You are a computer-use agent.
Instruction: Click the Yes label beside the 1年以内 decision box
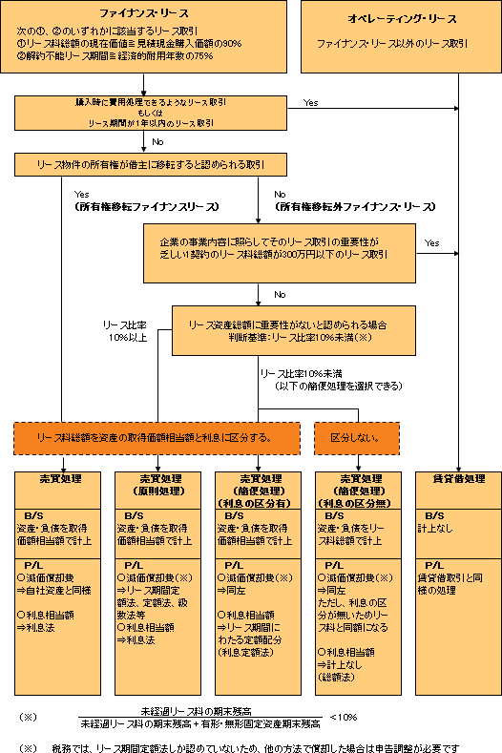tap(310, 101)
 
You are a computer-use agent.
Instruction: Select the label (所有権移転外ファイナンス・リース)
tap(348, 205)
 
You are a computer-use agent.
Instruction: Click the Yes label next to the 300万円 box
tap(432, 242)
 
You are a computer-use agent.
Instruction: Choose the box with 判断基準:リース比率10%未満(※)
tap(293, 330)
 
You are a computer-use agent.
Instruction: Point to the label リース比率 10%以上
tap(124, 330)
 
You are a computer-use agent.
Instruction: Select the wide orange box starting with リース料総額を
tap(154, 437)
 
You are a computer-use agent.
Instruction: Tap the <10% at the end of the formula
tap(344, 717)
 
